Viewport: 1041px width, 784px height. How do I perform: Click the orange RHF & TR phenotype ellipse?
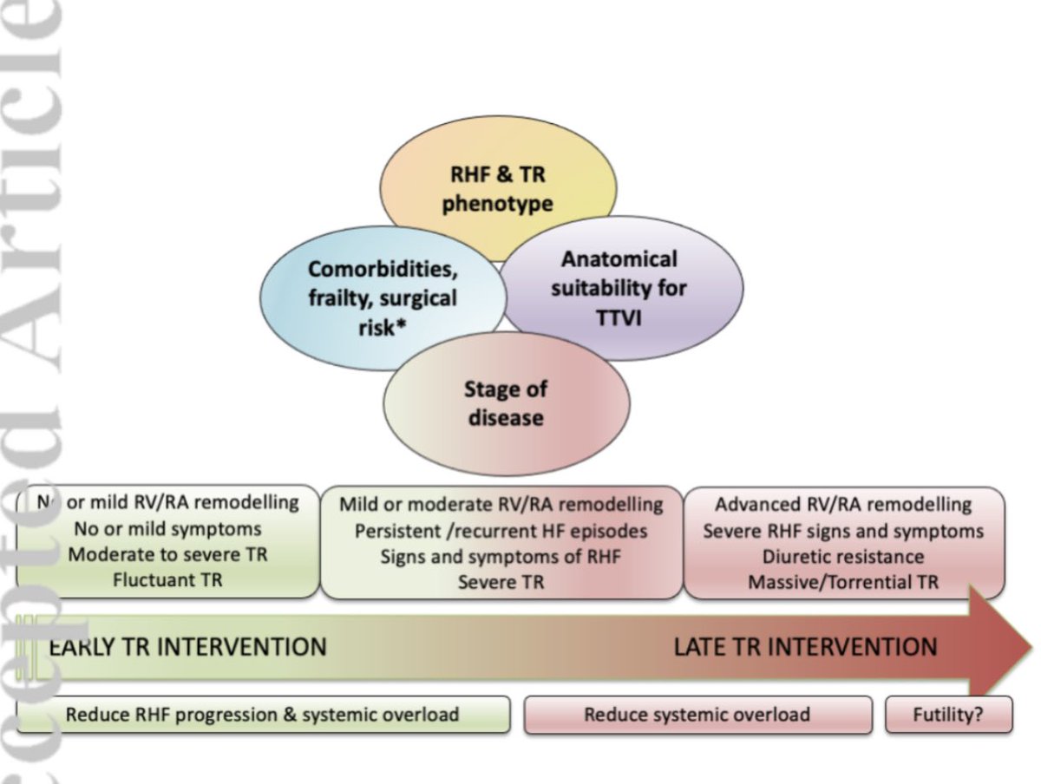point(498,190)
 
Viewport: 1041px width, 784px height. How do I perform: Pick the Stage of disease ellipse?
point(506,403)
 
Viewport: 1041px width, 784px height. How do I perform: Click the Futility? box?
point(948,715)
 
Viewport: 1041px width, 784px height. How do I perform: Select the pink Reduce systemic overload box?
point(697,715)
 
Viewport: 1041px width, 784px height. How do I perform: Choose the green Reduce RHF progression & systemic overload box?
point(263,715)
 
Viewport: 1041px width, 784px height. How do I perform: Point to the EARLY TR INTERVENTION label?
point(187,647)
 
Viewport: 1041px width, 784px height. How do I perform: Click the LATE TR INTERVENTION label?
point(805,647)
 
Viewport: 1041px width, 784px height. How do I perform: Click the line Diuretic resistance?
point(843,556)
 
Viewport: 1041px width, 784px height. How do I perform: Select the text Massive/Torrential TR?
point(843,582)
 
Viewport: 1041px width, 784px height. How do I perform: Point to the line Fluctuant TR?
point(167,580)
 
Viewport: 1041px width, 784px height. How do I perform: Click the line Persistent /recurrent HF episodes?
point(501,531)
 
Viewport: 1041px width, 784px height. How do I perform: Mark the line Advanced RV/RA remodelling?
point(843,505)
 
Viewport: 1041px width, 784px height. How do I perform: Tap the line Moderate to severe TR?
point(167,554)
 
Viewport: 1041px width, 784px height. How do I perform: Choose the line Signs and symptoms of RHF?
point(501,557)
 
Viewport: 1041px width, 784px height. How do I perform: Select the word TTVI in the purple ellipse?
point(619,317)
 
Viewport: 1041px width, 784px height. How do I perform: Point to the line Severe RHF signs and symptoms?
point(843,531)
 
